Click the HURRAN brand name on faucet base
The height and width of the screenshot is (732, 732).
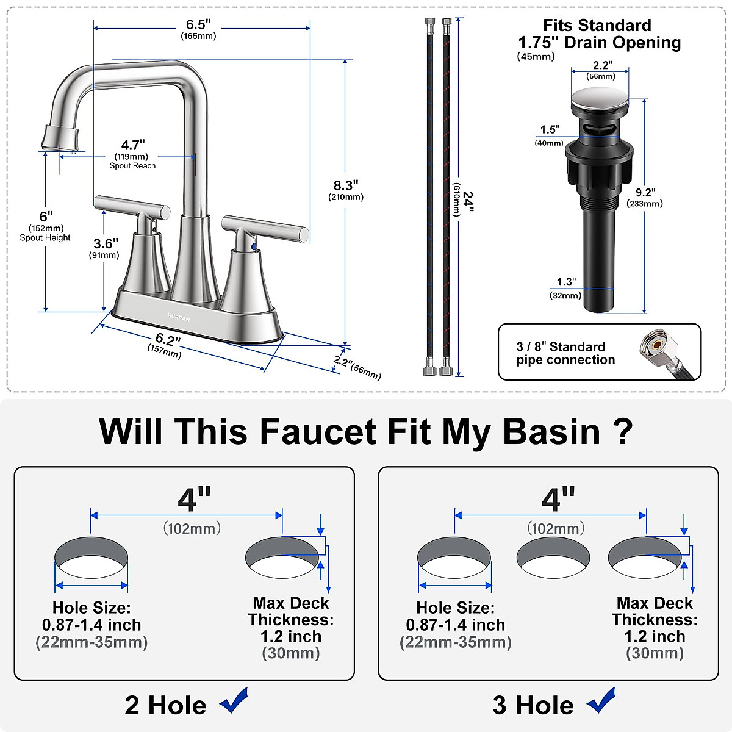(179, 318)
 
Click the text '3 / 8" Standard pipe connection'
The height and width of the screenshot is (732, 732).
(565, 353)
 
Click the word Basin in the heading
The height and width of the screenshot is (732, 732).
(551, 431)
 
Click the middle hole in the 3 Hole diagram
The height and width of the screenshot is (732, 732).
(553, 558)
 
